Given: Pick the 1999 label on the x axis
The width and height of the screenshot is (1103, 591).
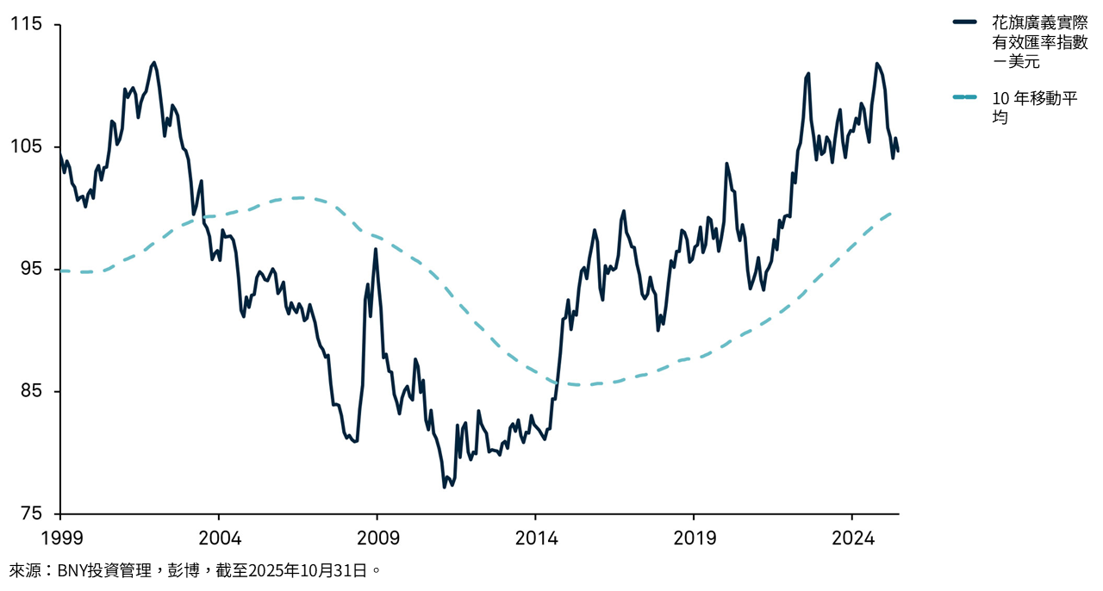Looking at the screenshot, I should (x=60, y=538).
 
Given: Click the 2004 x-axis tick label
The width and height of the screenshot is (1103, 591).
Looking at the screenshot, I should (x=219, y=538).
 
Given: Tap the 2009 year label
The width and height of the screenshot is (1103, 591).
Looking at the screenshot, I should (x=377, y=538).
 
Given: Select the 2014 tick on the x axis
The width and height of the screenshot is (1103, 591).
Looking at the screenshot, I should (x=535, y=538).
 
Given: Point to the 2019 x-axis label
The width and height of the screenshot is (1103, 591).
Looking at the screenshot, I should (x=694, y=538).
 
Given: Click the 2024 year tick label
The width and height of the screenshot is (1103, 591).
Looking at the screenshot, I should (x=851, y=538).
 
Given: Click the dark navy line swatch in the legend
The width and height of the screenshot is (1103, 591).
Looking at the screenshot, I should (x=965, y=22).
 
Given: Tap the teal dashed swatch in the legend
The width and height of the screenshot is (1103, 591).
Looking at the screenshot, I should (x=965, y=96).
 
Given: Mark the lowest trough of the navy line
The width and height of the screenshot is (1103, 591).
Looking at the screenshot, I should (x=445, y=487).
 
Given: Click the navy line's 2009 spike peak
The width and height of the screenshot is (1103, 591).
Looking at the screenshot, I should (x=376, y=249).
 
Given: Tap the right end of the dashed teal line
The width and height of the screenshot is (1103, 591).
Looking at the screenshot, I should (x=891, y=212).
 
